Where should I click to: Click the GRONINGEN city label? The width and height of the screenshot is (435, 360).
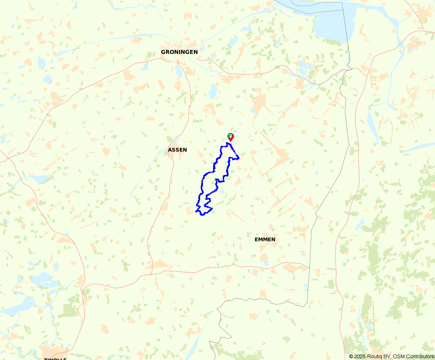click(179, 52)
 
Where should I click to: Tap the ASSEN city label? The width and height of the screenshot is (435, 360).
click(177, 150)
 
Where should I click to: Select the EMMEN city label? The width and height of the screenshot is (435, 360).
click(265, 239)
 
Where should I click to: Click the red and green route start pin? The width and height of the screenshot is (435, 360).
click(231, 137)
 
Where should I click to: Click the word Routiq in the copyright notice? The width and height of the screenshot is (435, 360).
click(373, 356)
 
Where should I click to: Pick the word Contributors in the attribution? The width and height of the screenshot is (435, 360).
click(420, 356)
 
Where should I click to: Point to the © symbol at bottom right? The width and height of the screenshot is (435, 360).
click(351, 356)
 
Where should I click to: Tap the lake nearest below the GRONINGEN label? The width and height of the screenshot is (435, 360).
click(179, 72)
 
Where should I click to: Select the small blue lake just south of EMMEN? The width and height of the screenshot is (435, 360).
click(266, 263)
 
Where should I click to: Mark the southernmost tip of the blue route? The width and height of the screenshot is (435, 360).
click(203, 215)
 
